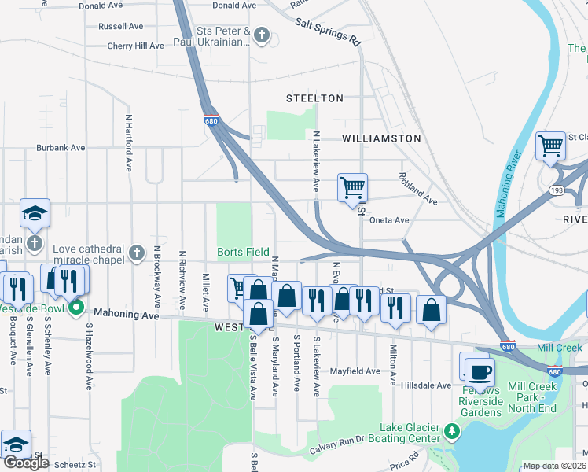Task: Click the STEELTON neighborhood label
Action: click(x=314, y=98)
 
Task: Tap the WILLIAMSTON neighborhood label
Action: click(x=381, y=138)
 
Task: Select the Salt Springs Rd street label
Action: click(x=328, y=31)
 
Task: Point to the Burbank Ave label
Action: click(x=61, y=147)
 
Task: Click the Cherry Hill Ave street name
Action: click(x=136, y=46)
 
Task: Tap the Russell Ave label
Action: click(x=121, y=26)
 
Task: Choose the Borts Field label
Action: click(x=244, y=253)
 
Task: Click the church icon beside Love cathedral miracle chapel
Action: click(x=137, y=253)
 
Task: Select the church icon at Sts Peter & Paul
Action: click(x=262, y=35)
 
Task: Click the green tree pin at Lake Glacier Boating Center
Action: click(x=451, y=431)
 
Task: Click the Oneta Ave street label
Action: click(x=389, y=220)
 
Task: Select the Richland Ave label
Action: click(x=417, y=189)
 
